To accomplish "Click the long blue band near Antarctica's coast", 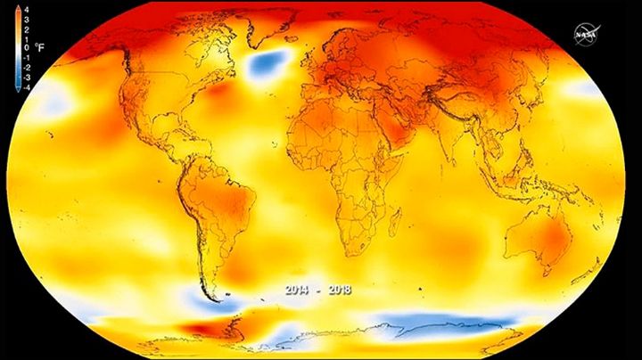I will point(446,320).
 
